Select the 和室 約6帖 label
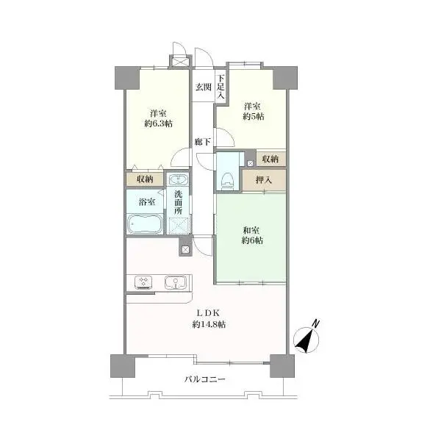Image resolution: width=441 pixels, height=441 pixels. (x=253, y=236)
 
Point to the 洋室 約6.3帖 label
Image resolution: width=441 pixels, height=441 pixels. (x=157, y=118)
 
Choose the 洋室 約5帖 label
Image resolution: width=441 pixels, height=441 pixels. (x=254, y=111)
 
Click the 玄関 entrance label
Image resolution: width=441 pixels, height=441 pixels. (x=203, y=87)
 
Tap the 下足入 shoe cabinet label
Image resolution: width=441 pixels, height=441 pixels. (x=220, y=81)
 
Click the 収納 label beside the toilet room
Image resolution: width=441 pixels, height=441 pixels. (x=270, y=159)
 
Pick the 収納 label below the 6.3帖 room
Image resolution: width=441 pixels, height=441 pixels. (x=145, y=179)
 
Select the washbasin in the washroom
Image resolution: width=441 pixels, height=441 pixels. (x=178, y=180)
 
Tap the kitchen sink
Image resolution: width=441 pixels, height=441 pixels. (x=175, y=282)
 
